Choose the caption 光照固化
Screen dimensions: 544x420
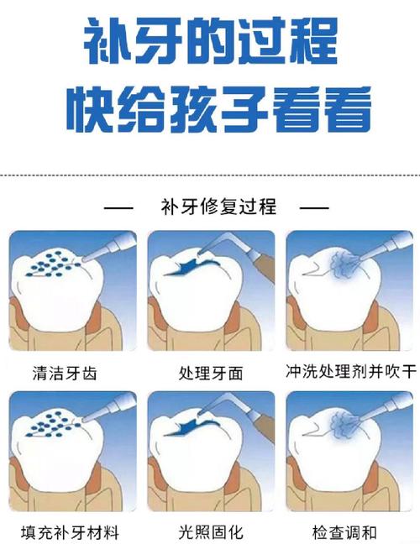tap(211, 532)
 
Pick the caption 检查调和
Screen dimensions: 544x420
tap(351, 532)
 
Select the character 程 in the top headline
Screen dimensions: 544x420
tap(308, 42)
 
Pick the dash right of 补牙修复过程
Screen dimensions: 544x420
tap(314, 207)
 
